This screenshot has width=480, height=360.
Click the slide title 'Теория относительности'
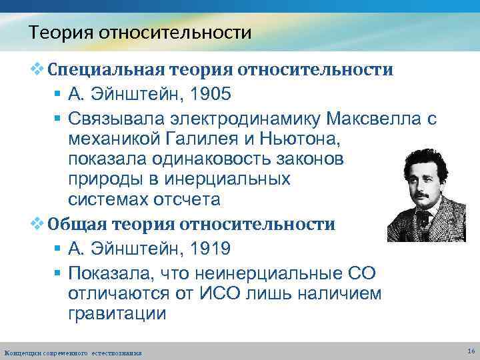coord(140,32)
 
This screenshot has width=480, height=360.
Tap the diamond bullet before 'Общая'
coord(37,224)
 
